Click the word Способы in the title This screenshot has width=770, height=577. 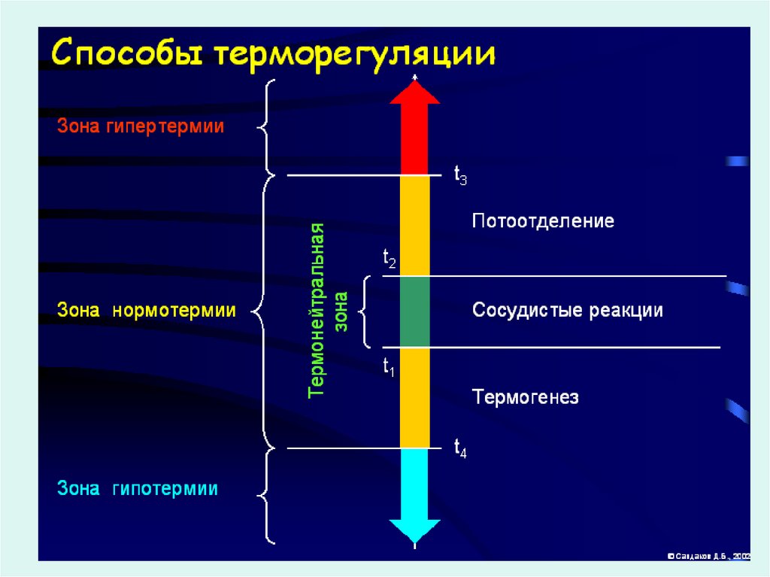(x=127, y=56)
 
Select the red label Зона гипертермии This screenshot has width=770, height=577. (x=141, y=126)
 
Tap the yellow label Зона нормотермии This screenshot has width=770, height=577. (x=147, y=310)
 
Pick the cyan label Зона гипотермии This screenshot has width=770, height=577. (x=138, y=489)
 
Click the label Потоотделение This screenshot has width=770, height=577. (x=543, y=221)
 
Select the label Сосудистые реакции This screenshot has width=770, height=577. (x=567, y=310)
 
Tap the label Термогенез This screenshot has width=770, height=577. (x=526, y=396)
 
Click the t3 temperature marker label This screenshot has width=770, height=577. (x=460, y=176)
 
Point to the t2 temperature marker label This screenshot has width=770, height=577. (x=390, y=260)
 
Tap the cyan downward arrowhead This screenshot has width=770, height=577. (x=414, y=530)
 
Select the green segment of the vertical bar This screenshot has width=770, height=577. (x=414, y=311)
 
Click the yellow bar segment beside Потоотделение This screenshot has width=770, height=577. (x=414, y=226)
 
